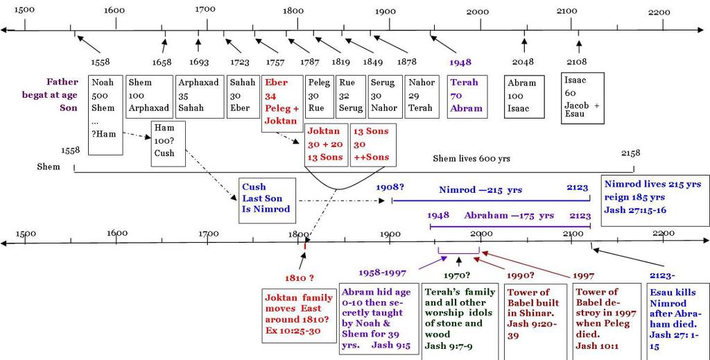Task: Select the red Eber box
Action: (282, 102)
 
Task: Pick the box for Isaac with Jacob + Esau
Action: (582, 98)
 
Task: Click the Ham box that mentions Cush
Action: (168, 144)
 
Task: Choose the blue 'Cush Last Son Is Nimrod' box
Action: (266, 200)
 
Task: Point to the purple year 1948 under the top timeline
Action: (460, 62)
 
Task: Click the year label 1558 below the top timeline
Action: (101, 62)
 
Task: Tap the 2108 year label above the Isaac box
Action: (577, 62)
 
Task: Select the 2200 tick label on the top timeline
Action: (660, 12)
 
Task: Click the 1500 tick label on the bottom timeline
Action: (26, 234)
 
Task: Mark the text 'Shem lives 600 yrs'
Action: (471, 159)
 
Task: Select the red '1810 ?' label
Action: (300, 278)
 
